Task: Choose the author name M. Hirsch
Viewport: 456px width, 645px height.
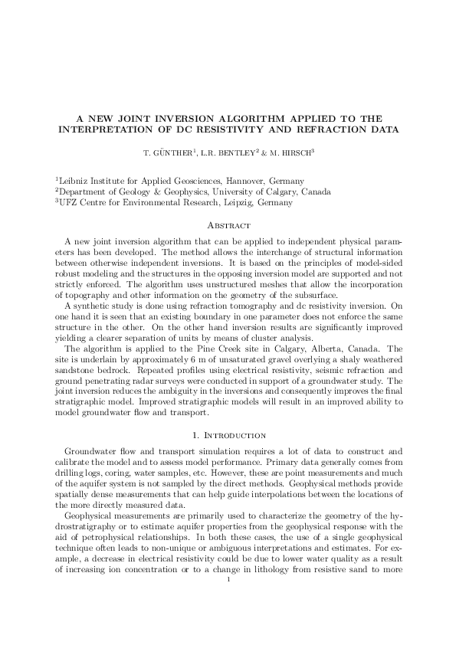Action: point(288,152)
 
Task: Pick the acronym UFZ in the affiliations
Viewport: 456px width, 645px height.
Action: point(69,203)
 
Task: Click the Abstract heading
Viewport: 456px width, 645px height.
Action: point(228,226)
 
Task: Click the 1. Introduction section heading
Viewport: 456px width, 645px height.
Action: point(228,435)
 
